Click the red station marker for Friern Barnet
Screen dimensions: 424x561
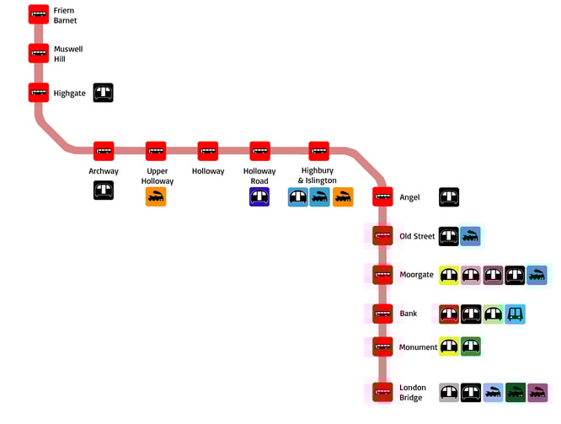[x=38, y=14]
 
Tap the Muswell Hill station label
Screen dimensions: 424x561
[x=68, y=54]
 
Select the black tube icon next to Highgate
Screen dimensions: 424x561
[x=103, y=93]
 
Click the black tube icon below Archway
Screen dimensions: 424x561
[x=103, y=191]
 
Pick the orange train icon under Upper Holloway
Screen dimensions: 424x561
[x=156, y=196]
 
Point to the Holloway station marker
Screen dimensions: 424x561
[x=208, y=151]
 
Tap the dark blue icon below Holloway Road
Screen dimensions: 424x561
[x=259, y=196]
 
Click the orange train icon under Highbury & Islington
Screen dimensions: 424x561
[x=342, y=196]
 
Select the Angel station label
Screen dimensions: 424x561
[x=409, y=197]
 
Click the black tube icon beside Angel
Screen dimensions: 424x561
[x=449, y=197]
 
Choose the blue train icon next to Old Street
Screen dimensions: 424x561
[x=470, y=237]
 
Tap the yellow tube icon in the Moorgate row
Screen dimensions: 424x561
[x=449, y=275]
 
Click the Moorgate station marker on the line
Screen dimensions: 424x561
[x=382, y=275]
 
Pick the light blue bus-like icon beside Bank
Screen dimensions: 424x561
[x=515, y=314]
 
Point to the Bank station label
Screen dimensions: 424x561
[x=408, y=314]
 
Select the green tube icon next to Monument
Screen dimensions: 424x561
[x=470, y=346]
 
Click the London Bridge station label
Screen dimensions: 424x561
[x=413, y=393]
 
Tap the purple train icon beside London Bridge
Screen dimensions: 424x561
[x=537, y=393]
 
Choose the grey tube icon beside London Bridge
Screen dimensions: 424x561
[x=449, y=393]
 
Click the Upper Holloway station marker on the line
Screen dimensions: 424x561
[x=156, y=151]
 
